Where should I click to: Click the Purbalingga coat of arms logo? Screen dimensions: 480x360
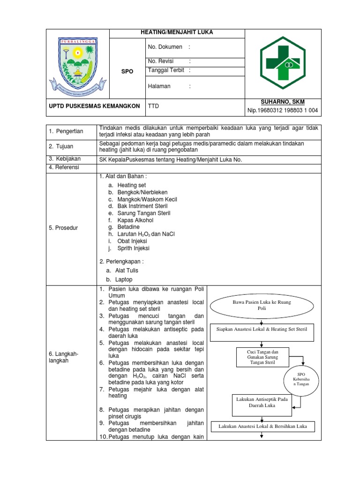click(x=77, y=65)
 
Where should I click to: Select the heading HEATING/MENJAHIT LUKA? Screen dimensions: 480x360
click(x=177, y=32)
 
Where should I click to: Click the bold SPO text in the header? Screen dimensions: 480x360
click(x=127, y=71)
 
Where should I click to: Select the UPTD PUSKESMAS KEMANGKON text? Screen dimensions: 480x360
click(x=94, y=106)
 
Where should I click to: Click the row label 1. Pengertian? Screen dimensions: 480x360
click(x=67, y=131)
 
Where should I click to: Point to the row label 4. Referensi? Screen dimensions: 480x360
click(x=64, y=167)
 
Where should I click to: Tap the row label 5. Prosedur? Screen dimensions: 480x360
click(x=63, y=228)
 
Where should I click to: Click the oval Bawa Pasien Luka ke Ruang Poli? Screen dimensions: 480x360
click(x=262, y=306)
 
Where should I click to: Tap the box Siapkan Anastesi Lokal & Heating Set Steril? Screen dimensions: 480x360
click(x=262, y=330)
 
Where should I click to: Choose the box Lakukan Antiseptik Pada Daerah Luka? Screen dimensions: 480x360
click(x=262, y=405)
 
